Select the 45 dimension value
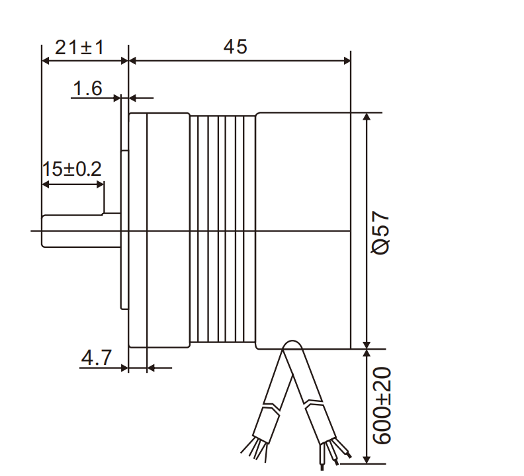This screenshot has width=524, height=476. pos(235,47)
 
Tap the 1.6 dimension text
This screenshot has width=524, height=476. pos(87,89)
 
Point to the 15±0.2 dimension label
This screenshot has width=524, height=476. pos(72,169)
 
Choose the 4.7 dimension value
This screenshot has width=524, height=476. pos(96,358)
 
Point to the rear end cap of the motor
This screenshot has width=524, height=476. pos(302,230)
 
